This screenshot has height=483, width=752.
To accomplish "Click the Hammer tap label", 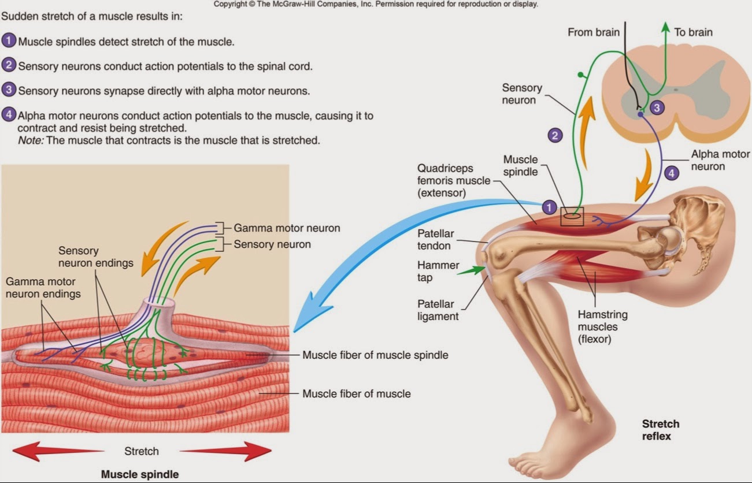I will pos(438,271).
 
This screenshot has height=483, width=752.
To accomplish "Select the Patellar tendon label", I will pos(436,240).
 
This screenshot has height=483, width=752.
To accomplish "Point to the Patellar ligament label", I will pos(438,310).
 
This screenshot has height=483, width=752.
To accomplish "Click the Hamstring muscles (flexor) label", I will pos(602,327).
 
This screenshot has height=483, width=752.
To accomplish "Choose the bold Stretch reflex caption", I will pos(660,430).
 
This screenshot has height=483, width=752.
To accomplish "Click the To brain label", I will pos(693,32).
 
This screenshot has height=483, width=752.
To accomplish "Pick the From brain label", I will pos(593,32).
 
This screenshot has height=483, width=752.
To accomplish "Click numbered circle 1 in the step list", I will pos(9,42).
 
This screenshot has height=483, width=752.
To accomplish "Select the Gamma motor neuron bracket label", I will pos(287,228).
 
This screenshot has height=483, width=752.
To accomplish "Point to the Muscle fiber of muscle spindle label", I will pos(375,355).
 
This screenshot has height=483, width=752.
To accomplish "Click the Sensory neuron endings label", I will pos(95,257).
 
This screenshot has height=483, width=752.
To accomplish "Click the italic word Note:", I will pos(30,140).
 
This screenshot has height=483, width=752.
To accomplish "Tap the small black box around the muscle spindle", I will pos(572,216).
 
